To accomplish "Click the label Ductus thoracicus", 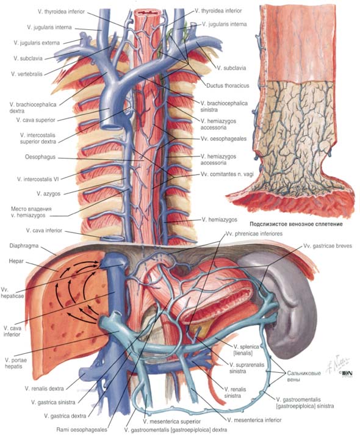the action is point(228,86).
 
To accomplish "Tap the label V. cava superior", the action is point(36,120).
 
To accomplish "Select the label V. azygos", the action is point(49,193).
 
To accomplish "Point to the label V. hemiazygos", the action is point(220,220).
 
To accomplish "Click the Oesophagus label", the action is point(40,157).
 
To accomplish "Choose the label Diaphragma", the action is point(24,246).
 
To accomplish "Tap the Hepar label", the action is point(16,261).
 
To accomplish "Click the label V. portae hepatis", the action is point(16,363).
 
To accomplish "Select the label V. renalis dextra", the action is point(44,389).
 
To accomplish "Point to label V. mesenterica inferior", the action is point(254,420).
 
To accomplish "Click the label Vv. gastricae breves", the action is point(328,246).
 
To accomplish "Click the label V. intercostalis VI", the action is point(38,179).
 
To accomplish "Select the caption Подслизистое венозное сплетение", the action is point(296,224).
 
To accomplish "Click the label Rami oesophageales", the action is point(82,430).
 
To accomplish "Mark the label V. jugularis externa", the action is point(37,43).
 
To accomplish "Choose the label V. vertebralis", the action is point(27,74).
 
